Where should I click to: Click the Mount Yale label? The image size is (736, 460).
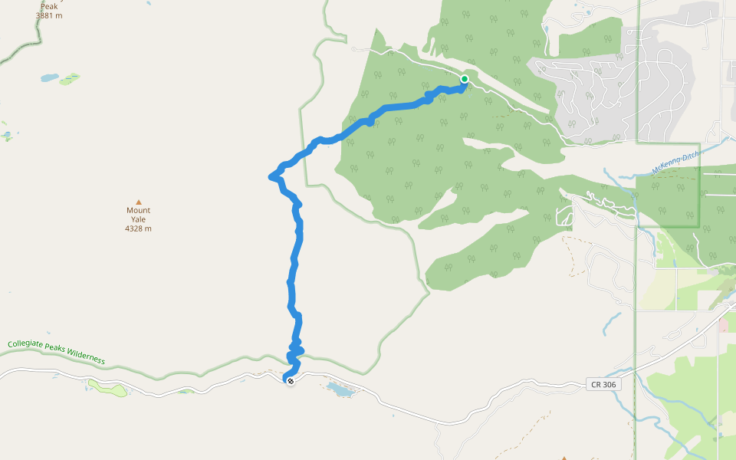pos(139,215)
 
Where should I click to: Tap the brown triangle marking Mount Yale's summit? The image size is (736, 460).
pos(139,202)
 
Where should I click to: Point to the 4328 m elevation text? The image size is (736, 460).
pos(139,228)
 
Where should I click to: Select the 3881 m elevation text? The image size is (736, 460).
pos(48,15)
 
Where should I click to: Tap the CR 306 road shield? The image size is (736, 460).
pos(603,383)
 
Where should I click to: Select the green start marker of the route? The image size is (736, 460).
pos(465,79)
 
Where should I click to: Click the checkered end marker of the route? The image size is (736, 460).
pos(290,380)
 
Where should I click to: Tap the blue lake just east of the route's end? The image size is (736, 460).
pos(340,389)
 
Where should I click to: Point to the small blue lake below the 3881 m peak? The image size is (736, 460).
pos(49,78)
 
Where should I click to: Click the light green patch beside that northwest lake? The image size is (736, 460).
pos(69,78)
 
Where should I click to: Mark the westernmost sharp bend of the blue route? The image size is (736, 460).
pos(272,177)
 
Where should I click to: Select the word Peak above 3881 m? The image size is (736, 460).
pos(49,5)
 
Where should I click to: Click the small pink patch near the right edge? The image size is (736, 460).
pos(723,325)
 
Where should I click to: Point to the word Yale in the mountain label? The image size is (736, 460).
pos(139,219)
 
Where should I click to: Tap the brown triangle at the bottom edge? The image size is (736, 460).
pos(563,458)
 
